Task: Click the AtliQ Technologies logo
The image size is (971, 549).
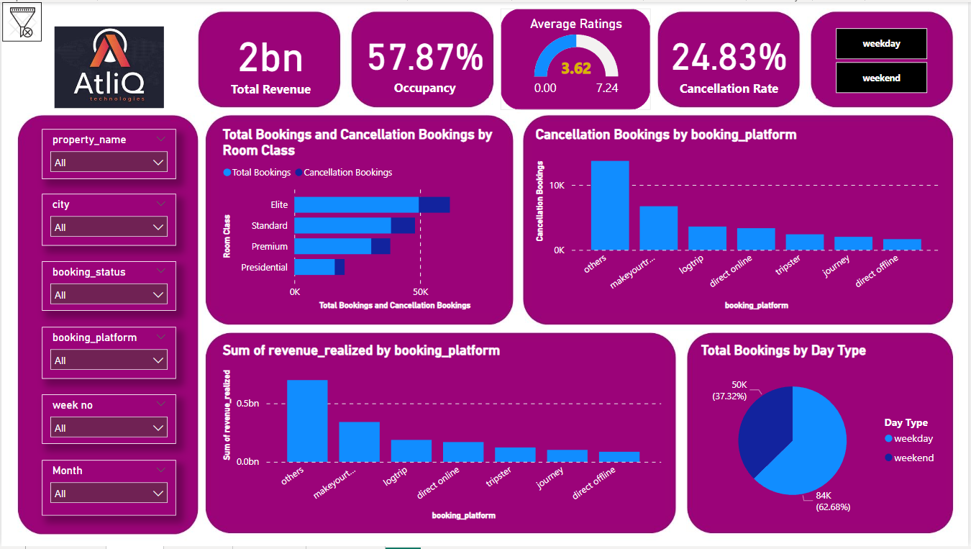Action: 109,67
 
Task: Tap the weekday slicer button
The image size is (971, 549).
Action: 881,44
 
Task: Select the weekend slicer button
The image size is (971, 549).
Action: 881,78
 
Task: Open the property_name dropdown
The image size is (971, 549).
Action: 109,163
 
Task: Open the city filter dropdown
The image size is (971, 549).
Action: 109,227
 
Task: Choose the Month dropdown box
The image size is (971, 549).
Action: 109,494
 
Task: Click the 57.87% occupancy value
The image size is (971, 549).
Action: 425,58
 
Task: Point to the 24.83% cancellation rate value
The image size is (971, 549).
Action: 729,58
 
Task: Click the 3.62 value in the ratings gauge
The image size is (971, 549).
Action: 575,69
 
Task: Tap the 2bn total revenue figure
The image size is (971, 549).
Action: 270,58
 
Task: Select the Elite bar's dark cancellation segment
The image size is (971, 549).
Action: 434,205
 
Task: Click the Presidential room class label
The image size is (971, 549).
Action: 264,268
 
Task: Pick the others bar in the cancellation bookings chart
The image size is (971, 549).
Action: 610,205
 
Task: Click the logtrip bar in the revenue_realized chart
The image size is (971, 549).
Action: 411,450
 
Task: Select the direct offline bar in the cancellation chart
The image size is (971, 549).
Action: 902,245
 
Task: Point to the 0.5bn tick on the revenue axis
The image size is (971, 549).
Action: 248,404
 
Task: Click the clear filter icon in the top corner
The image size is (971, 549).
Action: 22,22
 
